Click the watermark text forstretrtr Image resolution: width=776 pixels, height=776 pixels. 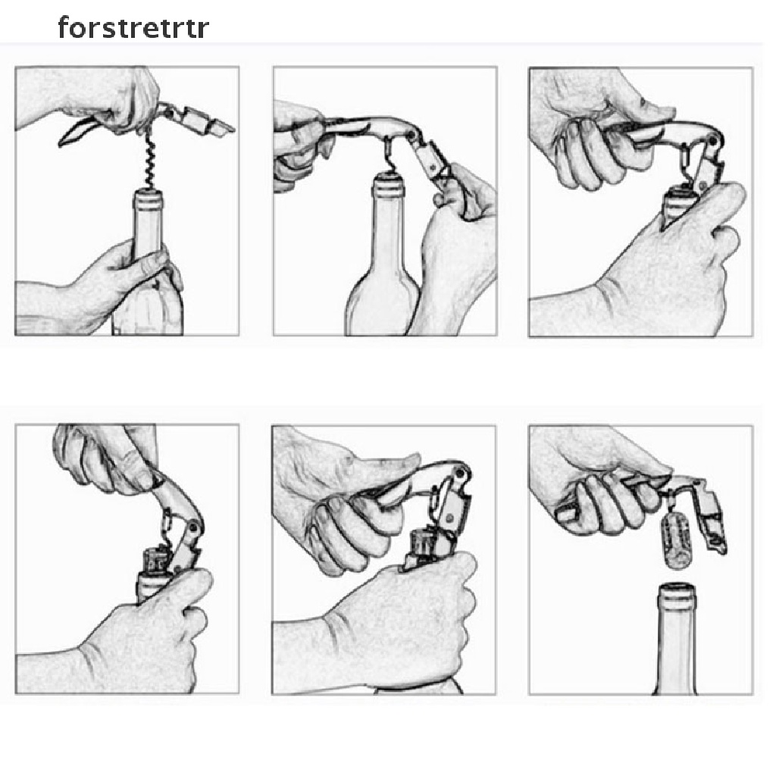pyautogui.click(x=133, y=28)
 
